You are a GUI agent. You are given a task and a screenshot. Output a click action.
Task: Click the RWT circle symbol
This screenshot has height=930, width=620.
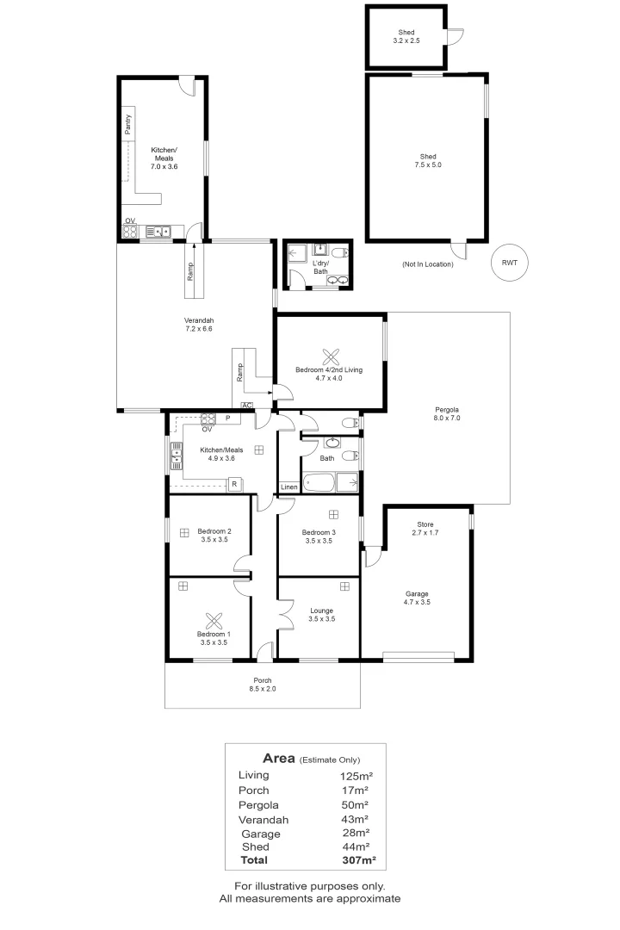click(509, 263)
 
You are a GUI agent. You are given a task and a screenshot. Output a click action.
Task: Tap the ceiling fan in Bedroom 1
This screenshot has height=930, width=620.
click(214, 621)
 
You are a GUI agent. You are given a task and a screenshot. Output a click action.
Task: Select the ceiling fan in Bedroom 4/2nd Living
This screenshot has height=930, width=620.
click(331, 357)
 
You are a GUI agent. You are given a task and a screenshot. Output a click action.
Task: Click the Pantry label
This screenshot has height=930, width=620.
click(128, 125)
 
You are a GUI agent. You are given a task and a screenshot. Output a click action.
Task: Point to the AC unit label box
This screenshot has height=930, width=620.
click(247, 406)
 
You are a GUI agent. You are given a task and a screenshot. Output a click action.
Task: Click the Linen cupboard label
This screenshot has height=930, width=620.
click(289, 487)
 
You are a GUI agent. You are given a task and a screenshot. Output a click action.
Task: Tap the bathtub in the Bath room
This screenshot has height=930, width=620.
click(319, 483)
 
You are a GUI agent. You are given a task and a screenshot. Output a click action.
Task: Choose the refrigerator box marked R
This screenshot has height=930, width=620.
click(234, 484)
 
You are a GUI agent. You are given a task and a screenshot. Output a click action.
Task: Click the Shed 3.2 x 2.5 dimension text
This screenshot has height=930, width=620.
click(406, 40)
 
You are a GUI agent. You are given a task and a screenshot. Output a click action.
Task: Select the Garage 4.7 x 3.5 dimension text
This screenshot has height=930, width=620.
click(417, 602)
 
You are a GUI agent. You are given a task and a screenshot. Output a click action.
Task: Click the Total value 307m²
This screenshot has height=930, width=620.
click(359, 860)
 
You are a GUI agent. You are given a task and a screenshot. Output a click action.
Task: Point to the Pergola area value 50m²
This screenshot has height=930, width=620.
click(355, 805)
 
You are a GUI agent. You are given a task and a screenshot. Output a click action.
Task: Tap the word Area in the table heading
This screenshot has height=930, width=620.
click(279, 758)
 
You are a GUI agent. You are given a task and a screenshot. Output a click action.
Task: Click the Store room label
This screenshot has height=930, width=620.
click(425, 524)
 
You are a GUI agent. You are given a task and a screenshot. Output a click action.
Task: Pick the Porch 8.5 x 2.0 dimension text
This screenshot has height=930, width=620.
click(263, 689)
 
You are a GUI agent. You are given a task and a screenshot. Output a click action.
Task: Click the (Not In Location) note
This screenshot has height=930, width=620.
click(428, 264)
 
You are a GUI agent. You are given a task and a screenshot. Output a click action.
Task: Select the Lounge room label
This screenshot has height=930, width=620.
click(321, 611)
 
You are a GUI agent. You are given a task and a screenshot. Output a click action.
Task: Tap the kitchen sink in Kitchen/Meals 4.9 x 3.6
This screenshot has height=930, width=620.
click(177, 456)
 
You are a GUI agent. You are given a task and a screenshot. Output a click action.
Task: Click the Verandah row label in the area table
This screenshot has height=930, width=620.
click(263, 820)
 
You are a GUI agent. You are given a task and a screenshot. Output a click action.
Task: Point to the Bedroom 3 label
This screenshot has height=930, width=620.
click(319, 532)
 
